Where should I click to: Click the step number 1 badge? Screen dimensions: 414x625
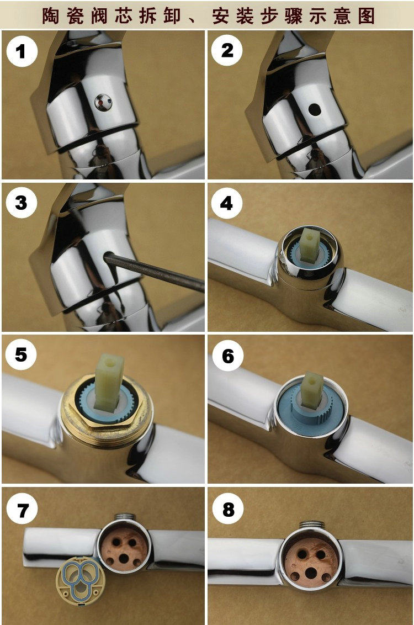coord(22,51)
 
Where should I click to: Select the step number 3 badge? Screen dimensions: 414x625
coord(22,203)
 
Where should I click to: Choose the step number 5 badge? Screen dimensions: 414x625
coord(21,354)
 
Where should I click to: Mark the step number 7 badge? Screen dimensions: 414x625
coord(22,510)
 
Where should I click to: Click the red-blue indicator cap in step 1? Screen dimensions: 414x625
coord(103,103)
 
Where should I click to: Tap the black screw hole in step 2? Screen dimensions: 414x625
coord(315,109)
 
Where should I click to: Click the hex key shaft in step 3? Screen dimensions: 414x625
coord(154,272)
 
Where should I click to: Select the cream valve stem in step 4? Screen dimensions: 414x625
coord(310,243)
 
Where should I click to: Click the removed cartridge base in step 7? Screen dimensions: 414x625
coord(81,580)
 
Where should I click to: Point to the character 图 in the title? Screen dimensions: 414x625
coord(366,17)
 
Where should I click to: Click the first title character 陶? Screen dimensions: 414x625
coord(51,17)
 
